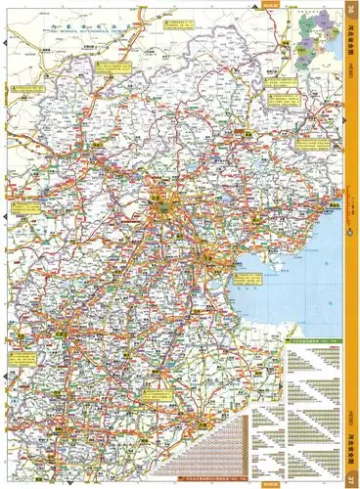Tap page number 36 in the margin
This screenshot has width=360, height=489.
pos(351,11)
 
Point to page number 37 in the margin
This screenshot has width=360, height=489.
pos(351,478)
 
